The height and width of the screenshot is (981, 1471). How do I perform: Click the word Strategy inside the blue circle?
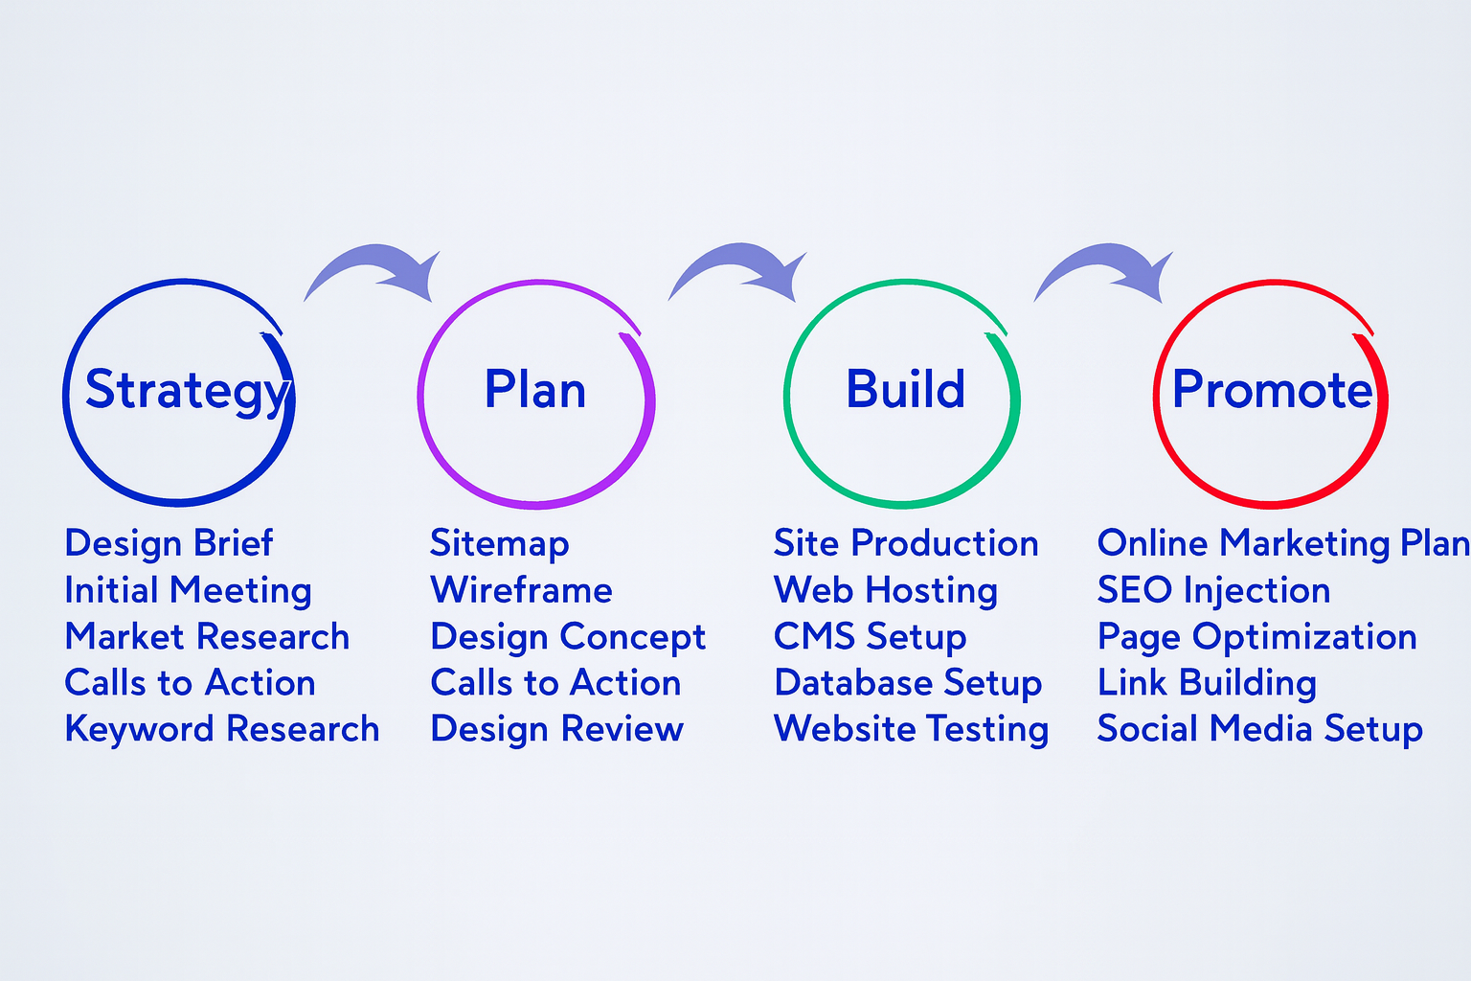pyautogui.click(x=187, y=391)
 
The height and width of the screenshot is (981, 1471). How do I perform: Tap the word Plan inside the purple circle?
pyautogui.click(x=534, y=391)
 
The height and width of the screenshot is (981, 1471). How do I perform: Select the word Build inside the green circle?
pyautogui.click(x=905, y=390)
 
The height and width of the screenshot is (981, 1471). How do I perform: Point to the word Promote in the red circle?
pyautogui.click(x=1272, y=390)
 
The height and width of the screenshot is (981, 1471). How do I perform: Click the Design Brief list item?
pyautogui.click(x=169, y=543)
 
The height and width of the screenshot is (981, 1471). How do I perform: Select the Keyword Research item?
pyautogui.click(x=221, y=729)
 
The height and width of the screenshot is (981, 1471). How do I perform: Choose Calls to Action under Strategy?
pyautogui.click(x=190, y=683)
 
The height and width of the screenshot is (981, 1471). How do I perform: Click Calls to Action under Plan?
pyautogui.click(x=555, y=683)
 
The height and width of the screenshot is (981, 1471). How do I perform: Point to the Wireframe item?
pyautogui.click(x=521, y=590)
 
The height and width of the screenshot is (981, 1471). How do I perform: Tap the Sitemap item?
pyautogui.click(x=499, y=543)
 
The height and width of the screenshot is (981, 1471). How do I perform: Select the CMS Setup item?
pyautogui.click(x=870, y=637)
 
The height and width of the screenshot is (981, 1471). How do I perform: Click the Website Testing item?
pyautogui.click(x=911, y=729)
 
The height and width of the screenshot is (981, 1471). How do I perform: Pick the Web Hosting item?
pyautogui.click(x=885, y=590)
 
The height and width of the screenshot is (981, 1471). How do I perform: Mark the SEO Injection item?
pyautogui.click(x=1213, y=590)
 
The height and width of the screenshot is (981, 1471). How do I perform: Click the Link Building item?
pyautogui.click(x=1207, y=683)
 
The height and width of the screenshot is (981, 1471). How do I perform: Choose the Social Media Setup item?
pyautogui.click(x=1259, y=729)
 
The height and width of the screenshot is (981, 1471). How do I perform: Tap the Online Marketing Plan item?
pyautogui.click(x=1282, y=543)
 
